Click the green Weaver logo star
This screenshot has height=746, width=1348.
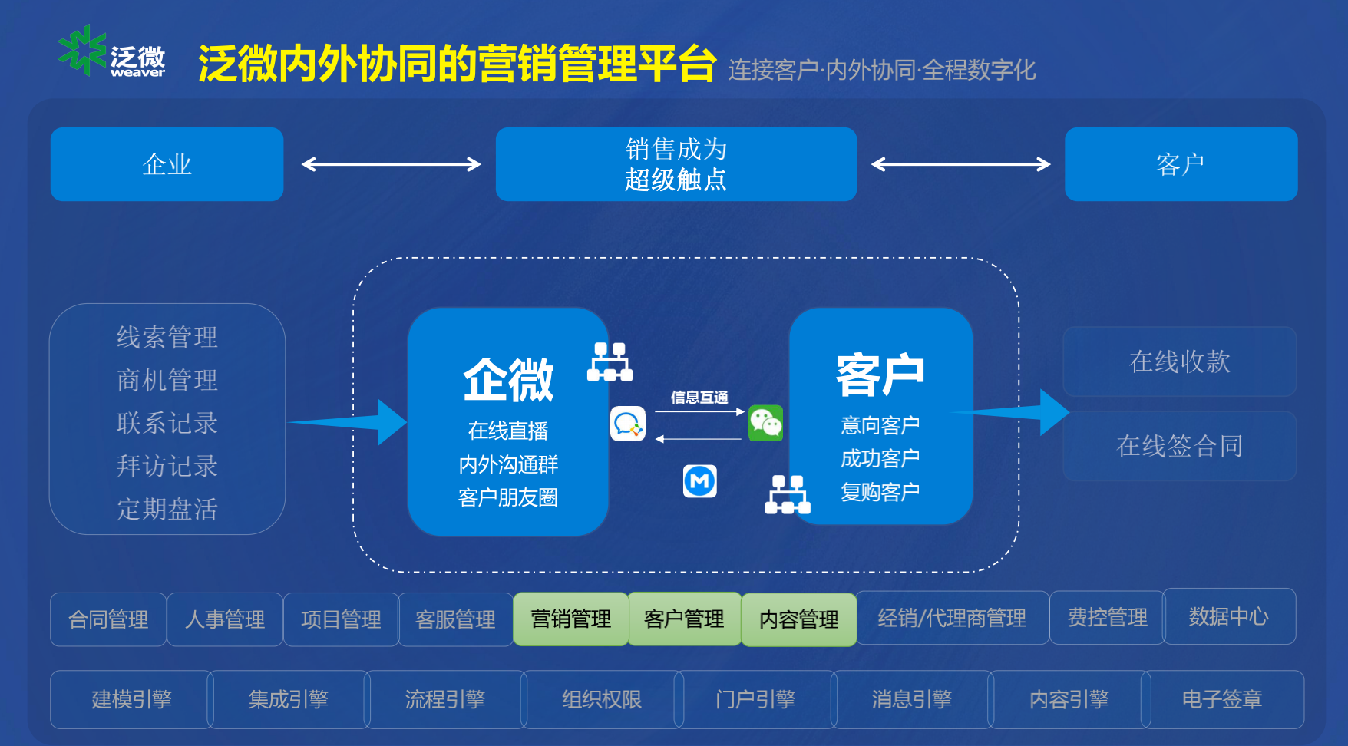pos(81,50)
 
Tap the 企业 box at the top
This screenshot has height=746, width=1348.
pos(167,164)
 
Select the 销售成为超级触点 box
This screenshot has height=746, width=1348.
pos(676,164)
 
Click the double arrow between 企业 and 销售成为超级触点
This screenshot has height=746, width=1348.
pos(391,164)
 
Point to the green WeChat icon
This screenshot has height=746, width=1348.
pos(765,423)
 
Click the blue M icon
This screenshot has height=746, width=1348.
pos(699,481)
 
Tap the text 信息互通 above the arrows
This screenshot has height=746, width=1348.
pos(699,397)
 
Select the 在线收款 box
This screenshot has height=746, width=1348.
pos(1179,361)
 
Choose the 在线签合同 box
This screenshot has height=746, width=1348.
pos(1179,446)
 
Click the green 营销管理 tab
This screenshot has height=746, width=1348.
pos(570,619)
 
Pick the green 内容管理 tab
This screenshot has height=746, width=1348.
pos(798,619)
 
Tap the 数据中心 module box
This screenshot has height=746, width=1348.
pos(1228,616)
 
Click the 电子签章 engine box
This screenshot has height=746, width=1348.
pos(1222,699)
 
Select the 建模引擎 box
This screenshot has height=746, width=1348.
pos(131,699)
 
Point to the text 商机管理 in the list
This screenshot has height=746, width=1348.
pos(167,380)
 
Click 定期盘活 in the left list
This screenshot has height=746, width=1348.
pos(167,509)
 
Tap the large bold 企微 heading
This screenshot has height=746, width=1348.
pos(508,380)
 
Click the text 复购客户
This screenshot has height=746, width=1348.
pos(880,492)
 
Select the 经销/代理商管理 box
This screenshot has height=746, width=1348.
pos(952,618)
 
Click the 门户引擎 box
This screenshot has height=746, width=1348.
pos(755,699)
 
